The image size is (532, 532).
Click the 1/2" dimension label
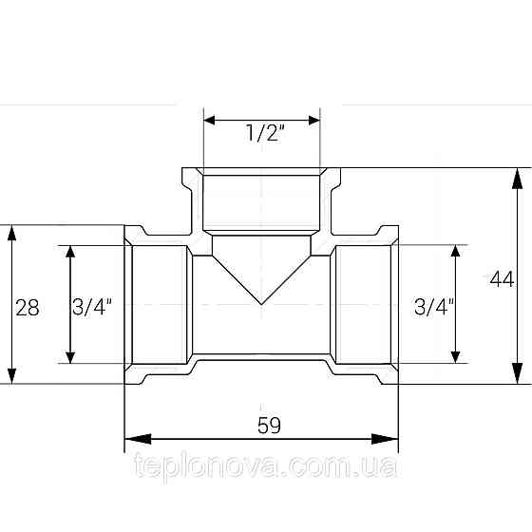[x=265, y=133]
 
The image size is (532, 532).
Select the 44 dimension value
[x=502, y=280]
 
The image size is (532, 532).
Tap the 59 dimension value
[x=269, y=426]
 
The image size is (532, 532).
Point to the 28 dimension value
[x=28, y=308]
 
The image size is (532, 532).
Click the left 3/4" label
[x=91, y=307]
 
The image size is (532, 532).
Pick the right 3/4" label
[x=434, y=307]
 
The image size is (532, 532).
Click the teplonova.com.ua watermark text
[x=265, y=465]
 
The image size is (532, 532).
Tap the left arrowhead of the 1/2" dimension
[x=209, y=120]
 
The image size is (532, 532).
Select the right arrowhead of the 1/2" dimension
[x=314, y=120]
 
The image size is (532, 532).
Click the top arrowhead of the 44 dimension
[x=517, y=179]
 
